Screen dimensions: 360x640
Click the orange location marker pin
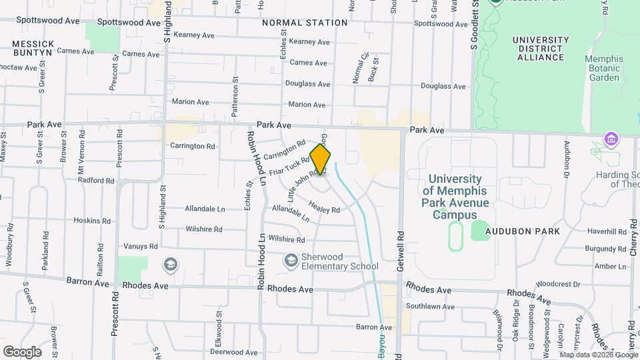(x=321, y=159)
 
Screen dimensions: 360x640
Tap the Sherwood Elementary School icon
(x=291, y=260)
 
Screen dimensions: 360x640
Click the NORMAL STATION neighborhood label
(x=305, y=23)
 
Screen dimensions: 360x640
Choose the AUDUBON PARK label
(x=521, y=230)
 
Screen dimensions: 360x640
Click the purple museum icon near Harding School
(x=609, y=139)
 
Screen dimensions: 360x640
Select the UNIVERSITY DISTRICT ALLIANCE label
(x=540, y=49)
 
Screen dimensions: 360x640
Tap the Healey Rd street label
(x=325, y=209)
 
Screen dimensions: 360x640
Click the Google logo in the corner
(x=22, y=351)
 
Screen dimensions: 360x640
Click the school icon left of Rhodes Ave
(x=171, y=265)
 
